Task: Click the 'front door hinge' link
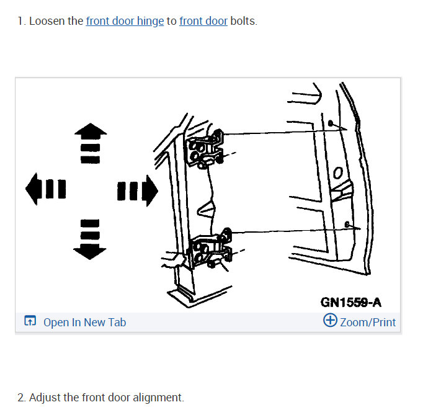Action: pos(125,21)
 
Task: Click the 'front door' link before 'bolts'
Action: pos(203,21)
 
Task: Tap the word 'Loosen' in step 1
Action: pos(48,21)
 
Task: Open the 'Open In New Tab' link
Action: pos(84,322)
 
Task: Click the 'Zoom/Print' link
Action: pos(367,322)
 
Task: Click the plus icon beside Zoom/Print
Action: pos(330,321)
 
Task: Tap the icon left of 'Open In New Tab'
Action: pos(30,321)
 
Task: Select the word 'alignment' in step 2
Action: pos(161,398)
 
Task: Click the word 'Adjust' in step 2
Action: pos(43,398)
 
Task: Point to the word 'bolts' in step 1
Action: pos(243,21)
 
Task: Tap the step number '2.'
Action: pos(22,398)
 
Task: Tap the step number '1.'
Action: pos(21,21)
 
